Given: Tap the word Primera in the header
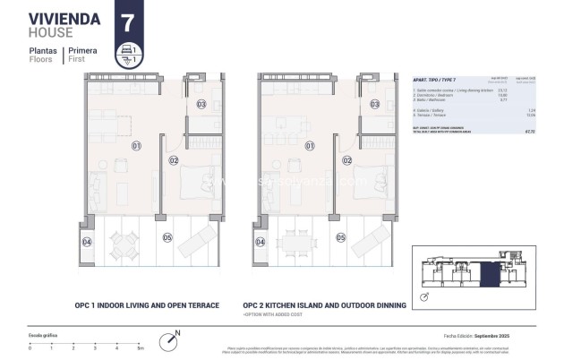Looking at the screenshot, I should coord(96,51).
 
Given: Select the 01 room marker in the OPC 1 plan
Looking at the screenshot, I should coord(137,145).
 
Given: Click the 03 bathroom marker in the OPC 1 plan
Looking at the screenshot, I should coord(201,105).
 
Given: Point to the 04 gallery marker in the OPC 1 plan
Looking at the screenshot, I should coord(87,242).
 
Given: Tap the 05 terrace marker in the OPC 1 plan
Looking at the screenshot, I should coord(167,237).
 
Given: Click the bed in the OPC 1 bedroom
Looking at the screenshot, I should coord(197,184).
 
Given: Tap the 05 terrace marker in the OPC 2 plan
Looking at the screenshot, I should coord(340,237).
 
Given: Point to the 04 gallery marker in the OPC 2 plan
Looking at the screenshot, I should coord(260,242).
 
